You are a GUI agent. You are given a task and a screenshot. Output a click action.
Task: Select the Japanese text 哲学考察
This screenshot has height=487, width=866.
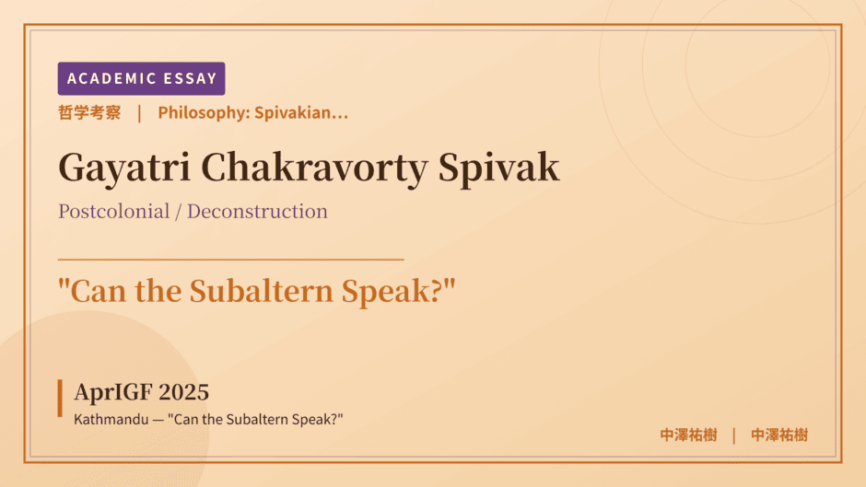89,112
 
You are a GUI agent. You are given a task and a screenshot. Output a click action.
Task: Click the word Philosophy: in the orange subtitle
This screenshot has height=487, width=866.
204,112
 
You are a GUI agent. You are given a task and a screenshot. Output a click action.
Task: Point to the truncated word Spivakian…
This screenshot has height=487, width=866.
301,112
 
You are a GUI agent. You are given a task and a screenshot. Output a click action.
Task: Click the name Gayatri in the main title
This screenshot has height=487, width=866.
124,168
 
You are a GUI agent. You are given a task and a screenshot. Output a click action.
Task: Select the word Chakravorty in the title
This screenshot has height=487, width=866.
314,168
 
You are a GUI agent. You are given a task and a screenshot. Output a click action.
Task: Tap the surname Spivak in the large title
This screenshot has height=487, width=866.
498,168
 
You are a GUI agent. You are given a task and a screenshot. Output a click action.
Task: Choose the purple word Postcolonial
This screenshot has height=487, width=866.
113,212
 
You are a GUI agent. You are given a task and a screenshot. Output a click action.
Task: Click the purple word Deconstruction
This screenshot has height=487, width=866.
257,212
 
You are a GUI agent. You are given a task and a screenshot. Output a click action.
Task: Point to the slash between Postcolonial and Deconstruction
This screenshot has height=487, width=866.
179,212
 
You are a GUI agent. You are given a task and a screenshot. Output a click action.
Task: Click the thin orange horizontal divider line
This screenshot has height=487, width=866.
231,259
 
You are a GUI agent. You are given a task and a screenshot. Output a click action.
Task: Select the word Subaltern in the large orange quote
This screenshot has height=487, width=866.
262,291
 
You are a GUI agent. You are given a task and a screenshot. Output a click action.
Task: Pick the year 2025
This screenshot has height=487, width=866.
183,392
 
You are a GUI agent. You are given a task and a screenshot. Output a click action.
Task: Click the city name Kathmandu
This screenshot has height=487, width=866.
111,419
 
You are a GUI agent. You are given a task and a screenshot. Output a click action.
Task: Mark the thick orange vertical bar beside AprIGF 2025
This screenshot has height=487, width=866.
60,398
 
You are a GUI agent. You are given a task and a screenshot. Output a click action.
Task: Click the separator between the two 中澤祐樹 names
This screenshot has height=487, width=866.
734,435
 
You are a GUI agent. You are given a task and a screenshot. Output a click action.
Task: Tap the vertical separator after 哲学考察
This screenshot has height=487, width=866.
139,113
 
